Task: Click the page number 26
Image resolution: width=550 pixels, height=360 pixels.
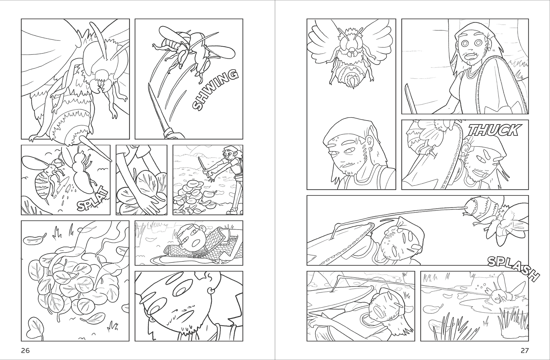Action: point(25,350)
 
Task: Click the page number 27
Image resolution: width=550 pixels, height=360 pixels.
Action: point(525,350)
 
